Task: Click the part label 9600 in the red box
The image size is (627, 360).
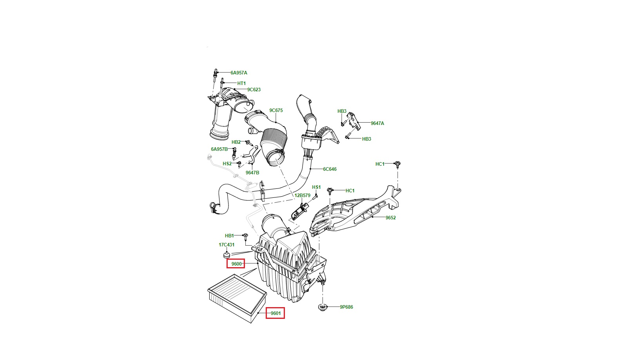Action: (x=236, y=264)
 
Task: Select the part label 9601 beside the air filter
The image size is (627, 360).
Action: (x=276, y=313)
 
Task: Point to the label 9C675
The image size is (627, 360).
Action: (x=276, y=110)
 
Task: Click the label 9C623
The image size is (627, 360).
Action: (x=254, y=90)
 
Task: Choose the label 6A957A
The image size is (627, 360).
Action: (x=239, y=73)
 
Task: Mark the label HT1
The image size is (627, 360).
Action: (x=241, y=83)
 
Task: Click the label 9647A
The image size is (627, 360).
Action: (x=377, y=123)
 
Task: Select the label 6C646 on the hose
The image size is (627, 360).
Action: (x=330, y=169)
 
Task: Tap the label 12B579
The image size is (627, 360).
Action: (x=302, y=195)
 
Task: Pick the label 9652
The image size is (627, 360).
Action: (x=390, y=218)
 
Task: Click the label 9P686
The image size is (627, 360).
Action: (x=346, y=307)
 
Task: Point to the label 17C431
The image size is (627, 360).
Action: (x=227, y=245)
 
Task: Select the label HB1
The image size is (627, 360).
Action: (x=229, y=236)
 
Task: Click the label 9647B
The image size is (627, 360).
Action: (x=252, y=173)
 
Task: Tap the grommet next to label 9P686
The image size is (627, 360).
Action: (x=323, y=307)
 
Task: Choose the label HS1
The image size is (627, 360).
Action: (x=316, y=187)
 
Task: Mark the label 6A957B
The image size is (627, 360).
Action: (x=219, y=149)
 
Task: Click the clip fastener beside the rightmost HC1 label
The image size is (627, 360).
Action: (x=398, y=164)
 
